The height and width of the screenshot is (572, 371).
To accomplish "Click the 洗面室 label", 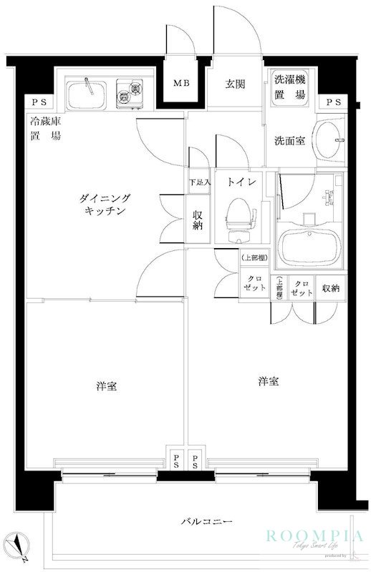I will coord(289,140).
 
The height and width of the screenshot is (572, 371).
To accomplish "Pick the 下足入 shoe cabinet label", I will coord(199,182).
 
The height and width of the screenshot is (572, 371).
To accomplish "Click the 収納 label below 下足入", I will coord(199,221).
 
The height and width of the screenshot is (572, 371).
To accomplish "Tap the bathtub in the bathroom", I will coord(310,245).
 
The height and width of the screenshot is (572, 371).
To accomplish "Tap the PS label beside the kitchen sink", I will coord(35,103).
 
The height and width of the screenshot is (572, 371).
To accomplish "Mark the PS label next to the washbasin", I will coord(333,103).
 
